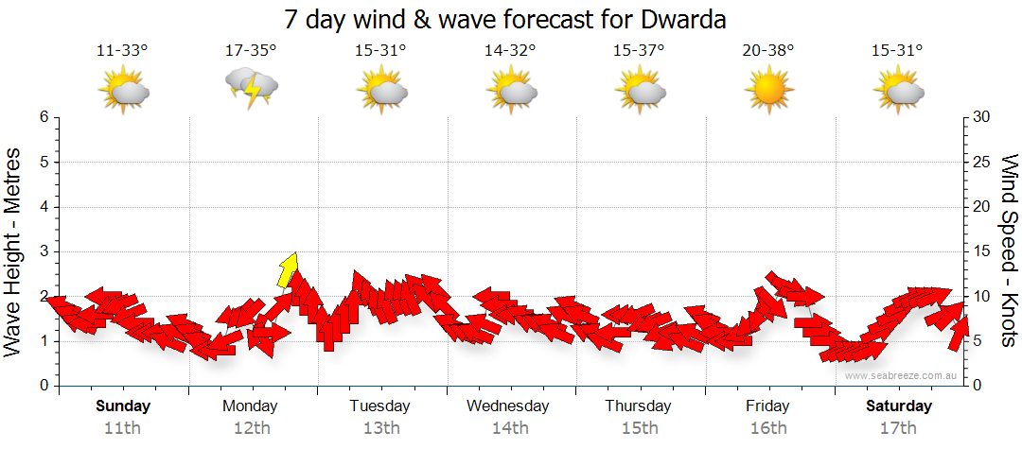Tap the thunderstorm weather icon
coord(251,90)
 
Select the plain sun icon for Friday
coord(767,91)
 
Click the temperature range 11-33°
coord(122,49)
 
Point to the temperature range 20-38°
coord(767,49)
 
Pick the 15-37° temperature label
coord(639,49)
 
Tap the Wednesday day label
coord(508,406)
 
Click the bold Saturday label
coord(899,406)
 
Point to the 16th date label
coord(767,428)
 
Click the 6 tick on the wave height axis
coord(44,117)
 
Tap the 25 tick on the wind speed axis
coord(983,162)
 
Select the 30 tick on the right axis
coord(983,117)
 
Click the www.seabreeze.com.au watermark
coord(902,375)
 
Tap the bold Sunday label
coord(122,406)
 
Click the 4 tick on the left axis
coord(44,207)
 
